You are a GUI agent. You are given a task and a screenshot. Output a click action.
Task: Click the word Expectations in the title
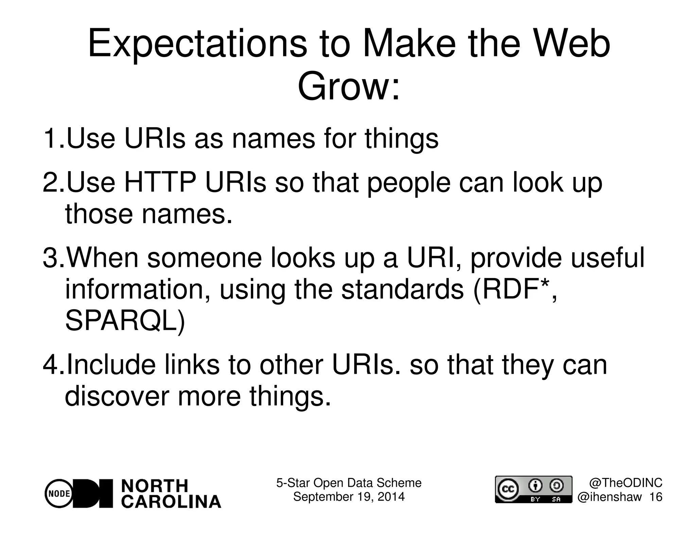(197, 45)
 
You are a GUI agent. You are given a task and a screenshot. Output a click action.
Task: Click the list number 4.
(53, 365)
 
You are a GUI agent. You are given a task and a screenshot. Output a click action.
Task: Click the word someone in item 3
(204, 258)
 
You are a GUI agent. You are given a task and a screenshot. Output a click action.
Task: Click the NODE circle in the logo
(58, 494)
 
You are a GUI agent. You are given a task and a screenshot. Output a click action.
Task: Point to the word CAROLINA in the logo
(171, 502)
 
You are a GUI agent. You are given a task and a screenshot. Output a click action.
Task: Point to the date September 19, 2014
(349, 497)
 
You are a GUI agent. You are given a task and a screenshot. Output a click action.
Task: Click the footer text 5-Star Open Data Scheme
(349, 483)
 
